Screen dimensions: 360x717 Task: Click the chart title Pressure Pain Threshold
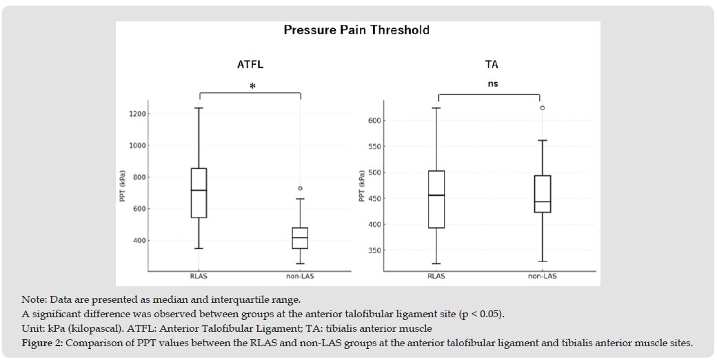coord(356,30)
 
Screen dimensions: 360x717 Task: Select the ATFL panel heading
coord(250,65)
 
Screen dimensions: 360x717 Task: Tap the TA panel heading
coord(491,65)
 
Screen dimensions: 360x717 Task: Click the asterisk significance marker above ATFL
coord(252,86)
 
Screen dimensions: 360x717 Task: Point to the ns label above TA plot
coord(492,84)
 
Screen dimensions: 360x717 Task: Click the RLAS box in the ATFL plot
coord(199,193)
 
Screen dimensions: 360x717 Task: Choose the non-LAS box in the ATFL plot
coord(299,238)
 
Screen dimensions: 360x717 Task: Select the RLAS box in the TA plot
coord(436,199)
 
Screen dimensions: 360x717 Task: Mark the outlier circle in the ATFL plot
coord(300,188)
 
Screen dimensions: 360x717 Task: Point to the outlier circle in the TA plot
coord(543,108)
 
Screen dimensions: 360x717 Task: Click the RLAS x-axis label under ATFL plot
coord(199,276)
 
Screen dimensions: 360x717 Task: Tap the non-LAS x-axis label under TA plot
coord(543,276)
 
